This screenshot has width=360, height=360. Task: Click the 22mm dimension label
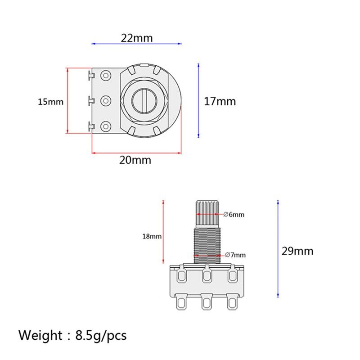tap(137, 38)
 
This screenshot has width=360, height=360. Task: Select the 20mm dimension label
tap(135, 160)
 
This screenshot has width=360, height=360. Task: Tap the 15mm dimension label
tap(50, 102)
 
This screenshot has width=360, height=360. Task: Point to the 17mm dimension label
tap(220, 101)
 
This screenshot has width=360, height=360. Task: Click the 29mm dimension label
tap(297, 251)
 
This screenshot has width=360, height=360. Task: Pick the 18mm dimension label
tap(152, 236)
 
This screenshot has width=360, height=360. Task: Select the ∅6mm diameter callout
tap(234, 215)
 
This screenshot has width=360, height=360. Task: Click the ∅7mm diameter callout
tap(234, 256)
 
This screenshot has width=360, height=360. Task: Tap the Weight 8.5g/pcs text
tap(72, 335)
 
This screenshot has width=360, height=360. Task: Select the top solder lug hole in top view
tap(106, 75)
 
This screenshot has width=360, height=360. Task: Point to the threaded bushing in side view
tap(207, 245)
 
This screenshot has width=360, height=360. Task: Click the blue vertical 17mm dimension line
tap(198, 100)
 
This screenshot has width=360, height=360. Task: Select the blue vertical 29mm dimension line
tap(278, 248)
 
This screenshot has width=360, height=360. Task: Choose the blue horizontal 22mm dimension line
tap(137, 44)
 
